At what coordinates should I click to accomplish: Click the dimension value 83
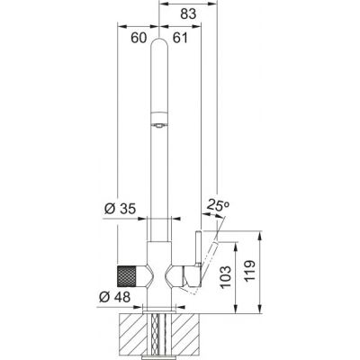[188, 13]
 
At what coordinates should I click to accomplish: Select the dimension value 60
[139, 38]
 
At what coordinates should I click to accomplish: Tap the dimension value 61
[180, 38]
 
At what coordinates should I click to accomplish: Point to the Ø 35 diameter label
[120, 209]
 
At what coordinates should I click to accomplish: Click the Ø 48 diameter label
[115, 297]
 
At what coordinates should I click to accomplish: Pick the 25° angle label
[218, 205]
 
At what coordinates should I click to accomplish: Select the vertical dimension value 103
[226, 276]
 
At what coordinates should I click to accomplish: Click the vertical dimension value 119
[249, 270]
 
